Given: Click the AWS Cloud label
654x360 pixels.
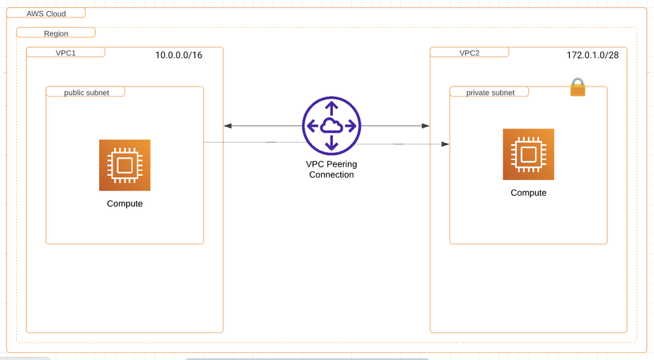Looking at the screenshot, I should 46,14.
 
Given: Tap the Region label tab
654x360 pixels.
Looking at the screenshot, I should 55,33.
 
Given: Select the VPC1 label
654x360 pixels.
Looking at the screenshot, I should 65,52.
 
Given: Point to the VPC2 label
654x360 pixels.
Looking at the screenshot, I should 469,53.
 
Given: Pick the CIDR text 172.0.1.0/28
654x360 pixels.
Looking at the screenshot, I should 592,56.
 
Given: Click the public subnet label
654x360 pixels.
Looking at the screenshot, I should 86,92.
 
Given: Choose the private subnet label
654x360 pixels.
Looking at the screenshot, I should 490,93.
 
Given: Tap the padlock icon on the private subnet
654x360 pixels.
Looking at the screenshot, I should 578,87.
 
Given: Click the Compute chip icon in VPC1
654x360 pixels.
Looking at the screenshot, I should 124,165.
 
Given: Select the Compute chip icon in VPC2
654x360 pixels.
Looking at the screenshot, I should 528,154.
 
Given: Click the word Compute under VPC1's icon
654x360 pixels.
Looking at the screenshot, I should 124,204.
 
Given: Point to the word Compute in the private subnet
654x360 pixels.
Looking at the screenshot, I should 528,193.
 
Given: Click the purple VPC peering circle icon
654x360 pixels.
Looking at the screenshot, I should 331,126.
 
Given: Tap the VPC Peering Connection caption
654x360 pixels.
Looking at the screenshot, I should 331,169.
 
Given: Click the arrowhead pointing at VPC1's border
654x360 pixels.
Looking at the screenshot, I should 228,126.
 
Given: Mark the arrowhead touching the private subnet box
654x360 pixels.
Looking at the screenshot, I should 446,144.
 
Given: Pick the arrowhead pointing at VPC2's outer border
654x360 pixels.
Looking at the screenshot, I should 426,126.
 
